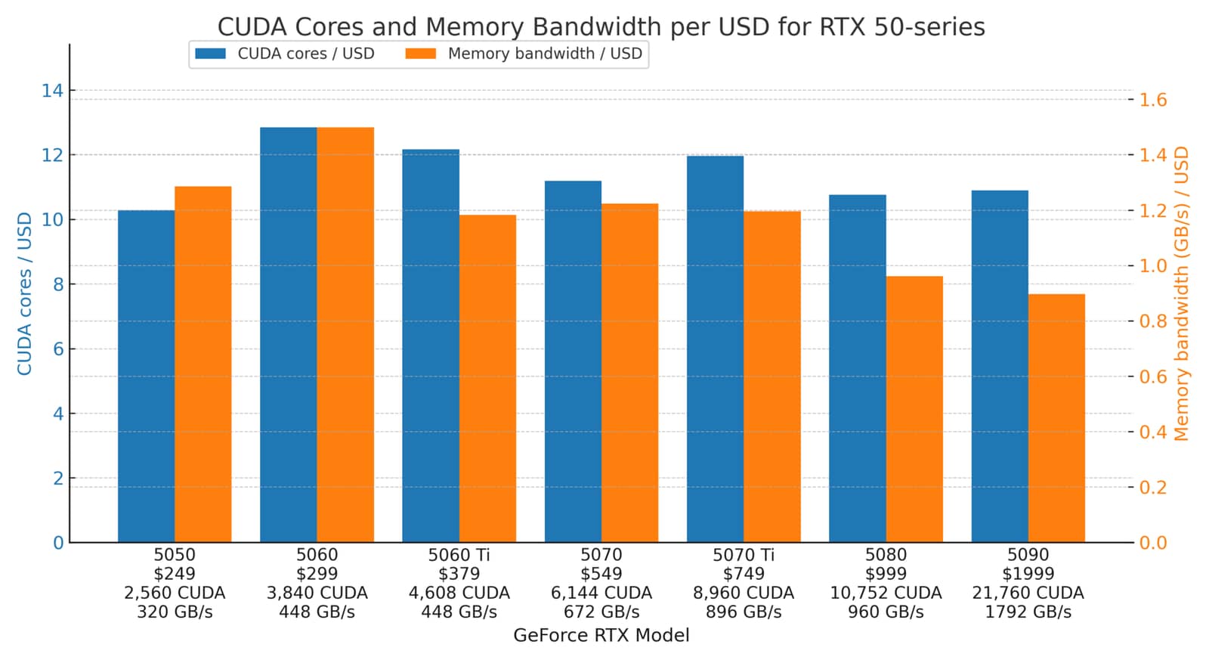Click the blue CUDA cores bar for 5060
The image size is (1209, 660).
(x=288, y=335)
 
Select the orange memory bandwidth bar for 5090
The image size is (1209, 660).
(x=1056, y=418)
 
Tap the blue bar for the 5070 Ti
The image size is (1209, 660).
(x=715, y=349)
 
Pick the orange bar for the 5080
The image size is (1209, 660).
(x=914, y=410)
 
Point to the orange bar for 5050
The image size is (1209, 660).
(x=203, y=364)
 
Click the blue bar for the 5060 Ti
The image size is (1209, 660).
(x=431, y=345)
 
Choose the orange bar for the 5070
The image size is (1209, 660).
(x=630, y=373)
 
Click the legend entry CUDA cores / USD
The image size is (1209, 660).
(x=285, y=54)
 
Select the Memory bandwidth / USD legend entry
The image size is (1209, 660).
(x=524, y=54)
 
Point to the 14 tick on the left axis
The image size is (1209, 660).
(x=52, y=91)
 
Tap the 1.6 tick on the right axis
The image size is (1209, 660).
(x=1153, y=100)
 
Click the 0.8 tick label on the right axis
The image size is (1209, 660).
(x=1153, y=321)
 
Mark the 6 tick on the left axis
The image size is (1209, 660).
(x=58, y=349)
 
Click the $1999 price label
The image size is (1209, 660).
(x=1028, y=574)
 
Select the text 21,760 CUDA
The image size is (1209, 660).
(x=1028, y=593)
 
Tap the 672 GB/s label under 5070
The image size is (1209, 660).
(x=601, y=612)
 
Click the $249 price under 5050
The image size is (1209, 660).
(x=175, y=574)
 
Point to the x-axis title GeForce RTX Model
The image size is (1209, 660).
(x=601, y=635)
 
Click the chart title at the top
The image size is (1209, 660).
(x=601, y=27)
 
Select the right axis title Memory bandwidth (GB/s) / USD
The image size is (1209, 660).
(x=1181, y=294)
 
